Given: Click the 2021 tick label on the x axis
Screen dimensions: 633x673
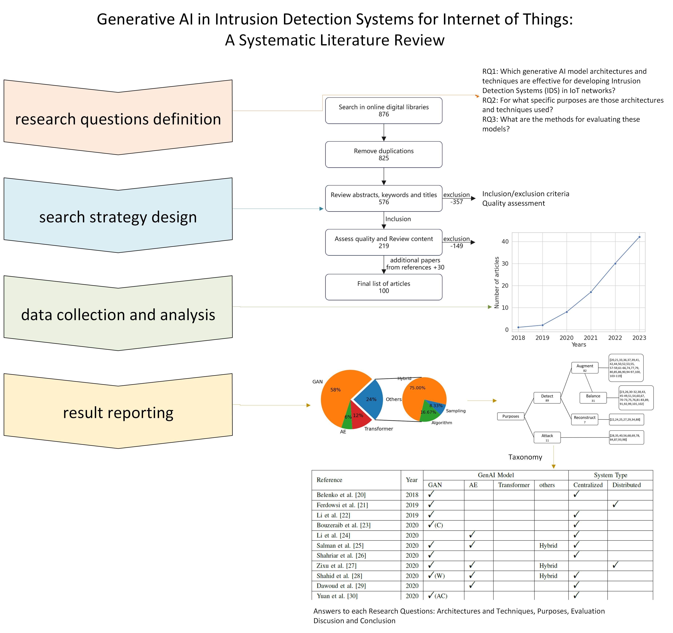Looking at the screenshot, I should (x=590, y=338).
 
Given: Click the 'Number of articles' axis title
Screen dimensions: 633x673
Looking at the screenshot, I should (x=497, y=283).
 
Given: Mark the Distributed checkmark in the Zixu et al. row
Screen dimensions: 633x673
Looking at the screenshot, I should (x=615, y=565).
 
